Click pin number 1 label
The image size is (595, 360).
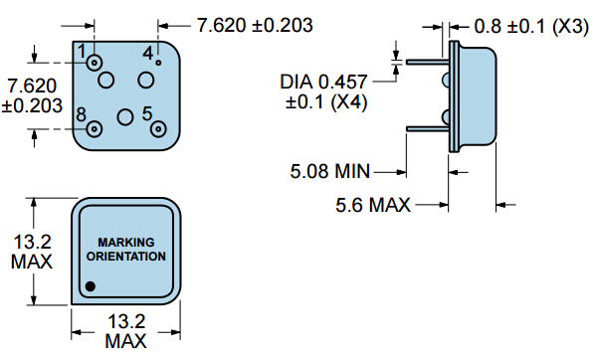pos(82,51)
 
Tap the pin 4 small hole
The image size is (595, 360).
pos(158,63)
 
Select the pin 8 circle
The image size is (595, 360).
pos(95,129)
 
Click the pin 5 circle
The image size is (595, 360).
pos(158,129)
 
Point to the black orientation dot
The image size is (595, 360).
pos(91,286)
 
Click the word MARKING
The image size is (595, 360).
pos(126,242)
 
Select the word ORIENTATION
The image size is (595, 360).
pos(126,257)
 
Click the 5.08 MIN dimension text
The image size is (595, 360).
pos(329,171)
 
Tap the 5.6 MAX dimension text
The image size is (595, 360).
pos(373,205)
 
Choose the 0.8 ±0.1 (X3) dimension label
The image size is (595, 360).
pos(531,26)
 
